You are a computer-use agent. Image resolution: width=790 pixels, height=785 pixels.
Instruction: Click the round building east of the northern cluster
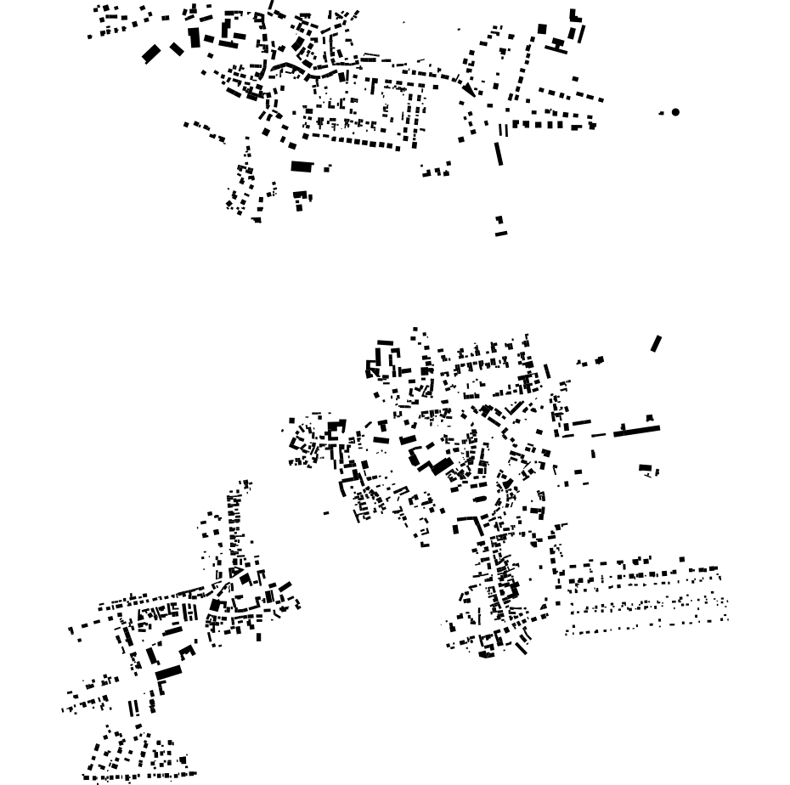pos(675,111)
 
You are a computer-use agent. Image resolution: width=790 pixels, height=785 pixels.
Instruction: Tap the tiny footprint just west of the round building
pos(662,113)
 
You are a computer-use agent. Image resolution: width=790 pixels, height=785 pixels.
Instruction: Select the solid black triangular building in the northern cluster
pos(467,88)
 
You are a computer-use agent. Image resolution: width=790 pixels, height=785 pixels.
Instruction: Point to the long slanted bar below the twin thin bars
pos(499,154)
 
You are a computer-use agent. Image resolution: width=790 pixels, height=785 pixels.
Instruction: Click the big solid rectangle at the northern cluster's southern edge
pos(302,167)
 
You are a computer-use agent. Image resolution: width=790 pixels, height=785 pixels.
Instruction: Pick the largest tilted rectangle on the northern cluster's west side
pos(151,54)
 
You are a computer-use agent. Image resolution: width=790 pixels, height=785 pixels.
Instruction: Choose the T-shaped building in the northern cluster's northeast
pos(558,44)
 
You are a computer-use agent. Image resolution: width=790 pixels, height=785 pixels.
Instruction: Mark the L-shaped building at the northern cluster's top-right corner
pos(575,16)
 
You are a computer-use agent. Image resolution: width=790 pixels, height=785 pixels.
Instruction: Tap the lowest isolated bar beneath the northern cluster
pos(501,234)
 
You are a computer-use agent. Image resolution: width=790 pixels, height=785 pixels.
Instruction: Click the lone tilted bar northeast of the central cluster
pos(656,343)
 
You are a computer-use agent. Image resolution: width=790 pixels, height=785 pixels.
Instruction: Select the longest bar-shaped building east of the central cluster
pos(636,432)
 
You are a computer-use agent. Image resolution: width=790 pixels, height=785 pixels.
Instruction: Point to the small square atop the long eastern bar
pos(650,419)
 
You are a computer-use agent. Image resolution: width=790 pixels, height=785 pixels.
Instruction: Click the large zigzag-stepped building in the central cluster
pos(435,465)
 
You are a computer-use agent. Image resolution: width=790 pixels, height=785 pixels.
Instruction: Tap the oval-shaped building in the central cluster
pos(480,500)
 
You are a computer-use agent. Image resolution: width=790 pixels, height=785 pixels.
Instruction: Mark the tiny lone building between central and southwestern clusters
pos(326,513)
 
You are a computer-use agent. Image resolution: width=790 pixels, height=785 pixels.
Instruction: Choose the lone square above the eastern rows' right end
pos(682,560)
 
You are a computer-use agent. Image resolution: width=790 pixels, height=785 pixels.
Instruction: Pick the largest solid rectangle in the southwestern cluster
pos(169,673)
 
